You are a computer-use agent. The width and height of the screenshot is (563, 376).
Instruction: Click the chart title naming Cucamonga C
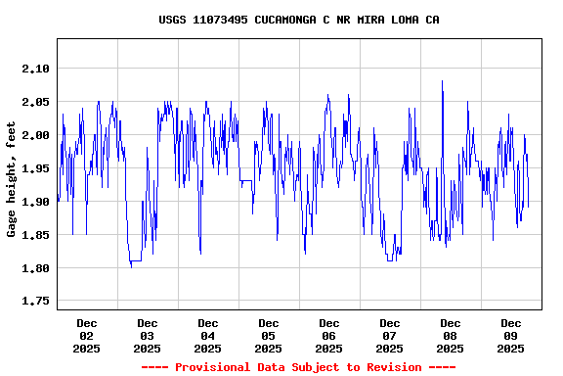[x=299, y=20]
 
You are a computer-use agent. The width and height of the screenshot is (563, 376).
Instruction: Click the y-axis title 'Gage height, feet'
[x=12, y=179]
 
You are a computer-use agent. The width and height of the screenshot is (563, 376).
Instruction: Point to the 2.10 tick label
[x=33, y=69]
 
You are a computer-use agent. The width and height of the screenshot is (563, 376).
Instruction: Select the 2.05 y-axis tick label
[x=33, y=102]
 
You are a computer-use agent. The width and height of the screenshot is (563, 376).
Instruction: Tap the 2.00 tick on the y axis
[x=33, y=135]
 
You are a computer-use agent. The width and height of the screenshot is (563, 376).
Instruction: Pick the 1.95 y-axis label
[x=33, y=168]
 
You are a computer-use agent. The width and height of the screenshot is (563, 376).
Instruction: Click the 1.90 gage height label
[x=33, y=202]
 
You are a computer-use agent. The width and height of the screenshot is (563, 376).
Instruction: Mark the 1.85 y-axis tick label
[x=33, y=235]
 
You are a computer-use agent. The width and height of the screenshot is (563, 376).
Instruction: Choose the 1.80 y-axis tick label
[x=33, y=268]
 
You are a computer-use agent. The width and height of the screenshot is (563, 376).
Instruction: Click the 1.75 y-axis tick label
[x=33, y=302]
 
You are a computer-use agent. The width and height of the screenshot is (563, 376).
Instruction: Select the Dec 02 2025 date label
[x=87, y=335]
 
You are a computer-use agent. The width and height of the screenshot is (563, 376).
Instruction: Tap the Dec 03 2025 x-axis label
[x=148, y=335]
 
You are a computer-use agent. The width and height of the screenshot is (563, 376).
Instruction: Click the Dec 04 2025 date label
[x=208, y=335]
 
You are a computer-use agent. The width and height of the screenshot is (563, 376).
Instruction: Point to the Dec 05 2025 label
[x=269, y=335]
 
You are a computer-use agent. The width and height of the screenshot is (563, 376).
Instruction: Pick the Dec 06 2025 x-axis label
[x=329, y=335]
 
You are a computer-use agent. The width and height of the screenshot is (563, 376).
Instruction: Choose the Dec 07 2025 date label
[x=390, y=335]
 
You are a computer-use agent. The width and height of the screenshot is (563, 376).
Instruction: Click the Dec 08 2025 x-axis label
[x=451, y=335]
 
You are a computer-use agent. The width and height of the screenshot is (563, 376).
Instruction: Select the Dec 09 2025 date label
[x=511, y=335]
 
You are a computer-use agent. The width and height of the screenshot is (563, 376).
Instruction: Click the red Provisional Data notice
[x=299, y=367]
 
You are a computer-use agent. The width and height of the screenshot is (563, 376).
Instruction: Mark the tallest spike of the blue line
[x=443, y=82]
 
